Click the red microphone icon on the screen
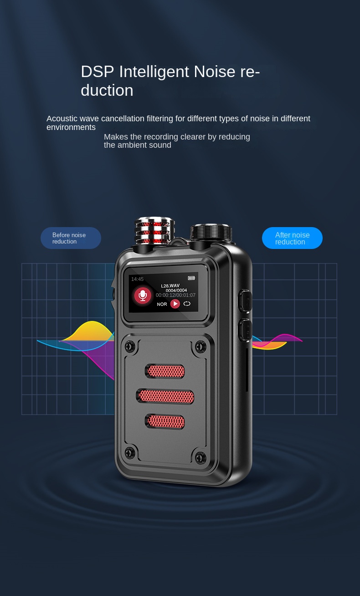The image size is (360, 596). click(x=143, y=295)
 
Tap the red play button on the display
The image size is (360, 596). click(x=175, y=304)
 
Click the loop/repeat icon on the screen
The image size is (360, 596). click(x=187, y=304)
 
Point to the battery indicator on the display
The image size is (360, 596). click(x=191, y=278)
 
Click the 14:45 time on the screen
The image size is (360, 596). click(x=137, y=279)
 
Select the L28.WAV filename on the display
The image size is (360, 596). click(x=170, y=286)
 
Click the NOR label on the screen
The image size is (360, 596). click(x=162, y=304)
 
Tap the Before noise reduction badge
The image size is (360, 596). click(x=71, y=238)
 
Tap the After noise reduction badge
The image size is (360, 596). click(x=292, y=238)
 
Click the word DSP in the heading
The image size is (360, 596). click(x=98, y=72)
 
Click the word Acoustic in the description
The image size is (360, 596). click(x=62, y=119)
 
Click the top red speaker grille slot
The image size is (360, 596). click(x=165, y=371)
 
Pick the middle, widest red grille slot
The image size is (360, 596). click(x=165, y=396)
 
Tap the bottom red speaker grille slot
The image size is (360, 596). click(x=165, y=422)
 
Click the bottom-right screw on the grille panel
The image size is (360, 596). click(x=201, y=457)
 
